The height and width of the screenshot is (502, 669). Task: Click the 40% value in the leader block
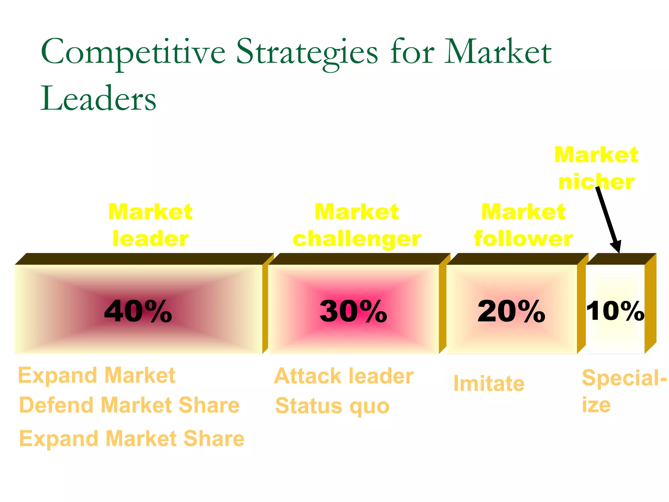(138, 311)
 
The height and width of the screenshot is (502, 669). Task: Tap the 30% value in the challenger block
(353, 311)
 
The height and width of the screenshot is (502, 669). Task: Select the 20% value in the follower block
(511, 311)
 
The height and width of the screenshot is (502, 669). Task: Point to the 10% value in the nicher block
(615, 310)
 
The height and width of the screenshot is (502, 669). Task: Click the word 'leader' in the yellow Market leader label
(151, 239)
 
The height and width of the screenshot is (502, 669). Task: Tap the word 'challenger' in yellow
(357, 239)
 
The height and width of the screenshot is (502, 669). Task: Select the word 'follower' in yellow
(523, 239)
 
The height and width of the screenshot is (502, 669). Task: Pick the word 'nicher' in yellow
(596, 182)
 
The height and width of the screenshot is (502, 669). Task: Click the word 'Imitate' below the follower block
(489, 383)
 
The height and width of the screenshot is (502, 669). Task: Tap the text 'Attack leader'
(344, 376)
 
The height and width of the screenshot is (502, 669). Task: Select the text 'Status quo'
(333, 406)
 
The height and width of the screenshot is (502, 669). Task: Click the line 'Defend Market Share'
(129, 405)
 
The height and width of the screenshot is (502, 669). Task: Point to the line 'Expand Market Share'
(132, 438)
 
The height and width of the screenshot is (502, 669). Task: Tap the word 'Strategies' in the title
(307, 52)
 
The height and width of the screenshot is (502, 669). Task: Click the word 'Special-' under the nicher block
(624, 378)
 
